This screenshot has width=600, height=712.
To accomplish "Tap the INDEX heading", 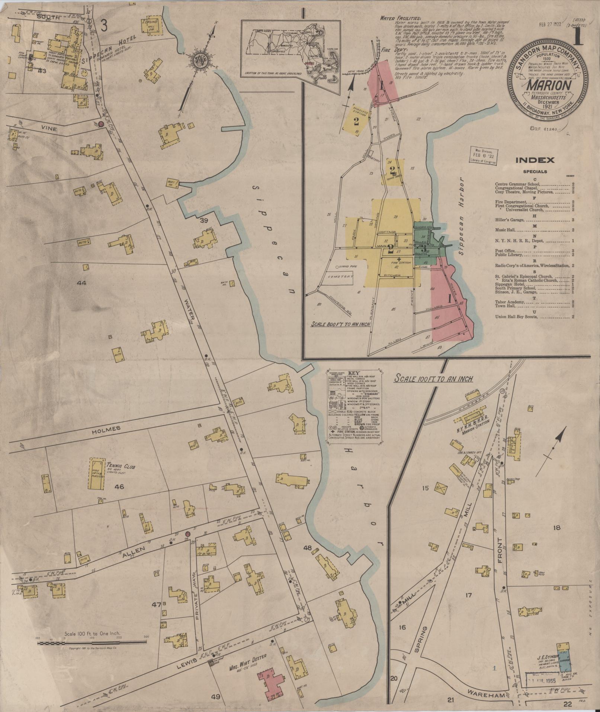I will click(x=535, y=161).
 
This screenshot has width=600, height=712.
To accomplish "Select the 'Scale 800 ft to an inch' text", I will click(x=341, y=324).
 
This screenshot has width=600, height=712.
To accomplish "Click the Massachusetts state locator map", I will click(x=291, y=51).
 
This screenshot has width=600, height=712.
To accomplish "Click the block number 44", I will click(x=81, y=283).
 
